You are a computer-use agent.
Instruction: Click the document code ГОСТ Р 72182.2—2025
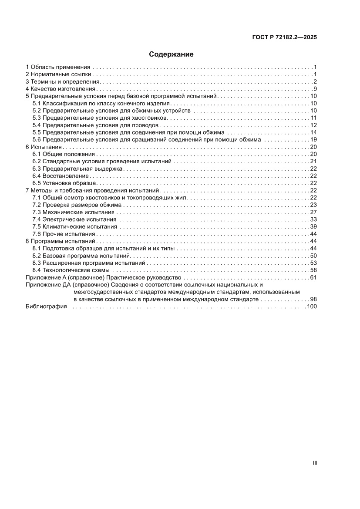tap(284, 37)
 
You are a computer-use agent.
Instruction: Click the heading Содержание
tap(171, 54)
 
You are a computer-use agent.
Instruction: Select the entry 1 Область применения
tap(58, 67)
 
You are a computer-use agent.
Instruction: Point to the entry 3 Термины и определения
tap(63, 82)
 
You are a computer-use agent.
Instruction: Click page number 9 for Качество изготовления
tap(315, 89)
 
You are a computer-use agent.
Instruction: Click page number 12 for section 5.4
tap(313, 125)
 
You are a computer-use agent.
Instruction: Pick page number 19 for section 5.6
tap(313, 140)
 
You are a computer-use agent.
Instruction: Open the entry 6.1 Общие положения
tap(64, 154)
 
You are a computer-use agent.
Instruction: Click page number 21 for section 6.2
tap(313, 162)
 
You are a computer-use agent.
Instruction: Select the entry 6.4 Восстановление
tap(61, 176)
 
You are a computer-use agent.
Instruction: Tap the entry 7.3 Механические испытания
tap(74, 212)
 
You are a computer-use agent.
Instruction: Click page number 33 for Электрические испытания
tap(313, 219)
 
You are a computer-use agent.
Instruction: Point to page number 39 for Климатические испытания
tap(313, 227)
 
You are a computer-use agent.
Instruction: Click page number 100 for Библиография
tap(312, 307)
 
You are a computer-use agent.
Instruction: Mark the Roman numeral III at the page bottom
tap(315, 463)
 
